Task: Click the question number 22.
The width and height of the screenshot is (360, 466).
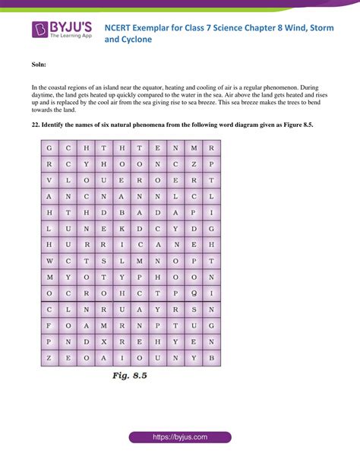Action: coord(36,124)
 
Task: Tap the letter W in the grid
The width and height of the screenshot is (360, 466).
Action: coord(49,261)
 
